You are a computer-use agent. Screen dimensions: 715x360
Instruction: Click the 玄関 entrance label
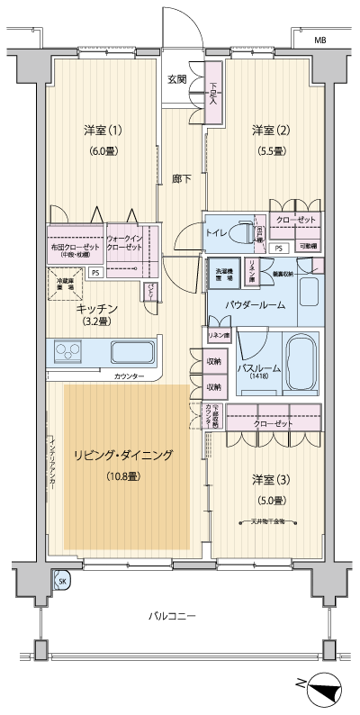(x=176, y=79)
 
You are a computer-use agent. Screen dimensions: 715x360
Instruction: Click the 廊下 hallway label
(x=182, y=178)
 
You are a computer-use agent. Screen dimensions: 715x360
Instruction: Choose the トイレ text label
(x=216, y=232)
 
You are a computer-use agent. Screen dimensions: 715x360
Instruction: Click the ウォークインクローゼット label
(x=124, y=241)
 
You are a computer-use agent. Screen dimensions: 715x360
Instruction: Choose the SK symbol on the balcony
(x=61, y=581)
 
